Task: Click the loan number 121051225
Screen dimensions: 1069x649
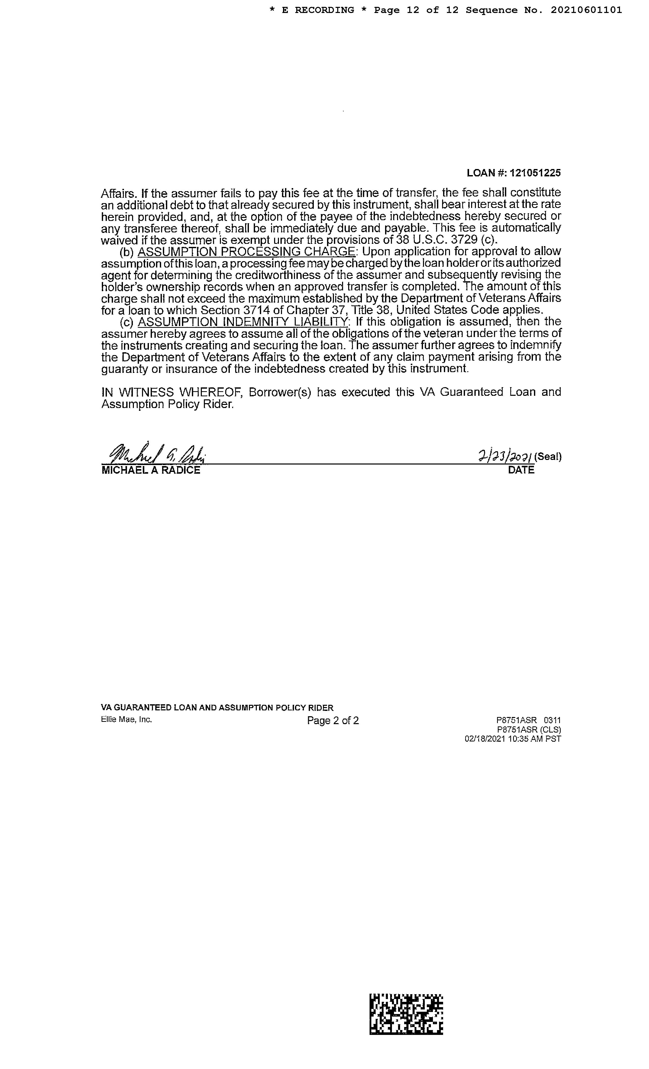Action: click(x=535, y=173)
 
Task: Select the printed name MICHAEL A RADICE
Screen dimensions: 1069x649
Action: click(x=150, y=470)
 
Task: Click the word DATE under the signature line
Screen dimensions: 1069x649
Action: click(x=521, y=470)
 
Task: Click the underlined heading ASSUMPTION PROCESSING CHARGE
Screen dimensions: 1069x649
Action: click(x=246, y=252)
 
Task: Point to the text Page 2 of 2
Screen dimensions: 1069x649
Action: click(x=333, y=721)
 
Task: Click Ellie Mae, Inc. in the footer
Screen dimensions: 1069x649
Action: click(x=126, y=719)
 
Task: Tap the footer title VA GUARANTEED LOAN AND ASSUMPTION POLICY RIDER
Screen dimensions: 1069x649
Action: click(x=217, y=708)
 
